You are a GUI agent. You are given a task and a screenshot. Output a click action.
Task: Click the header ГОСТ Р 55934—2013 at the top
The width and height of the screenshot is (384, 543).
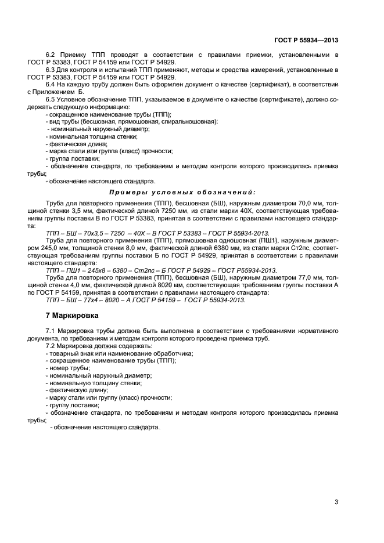(x=306, y=40)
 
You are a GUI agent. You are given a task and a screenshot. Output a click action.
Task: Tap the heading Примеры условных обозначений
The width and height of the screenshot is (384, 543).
(x=182, y=191)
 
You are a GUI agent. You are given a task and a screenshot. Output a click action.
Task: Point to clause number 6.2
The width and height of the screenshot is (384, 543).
(x=51, y=55)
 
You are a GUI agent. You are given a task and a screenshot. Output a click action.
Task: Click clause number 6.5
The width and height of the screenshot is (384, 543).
(x=51, y=100)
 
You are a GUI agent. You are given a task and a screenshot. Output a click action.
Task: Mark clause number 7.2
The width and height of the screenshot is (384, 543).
(x=51, y=345)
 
